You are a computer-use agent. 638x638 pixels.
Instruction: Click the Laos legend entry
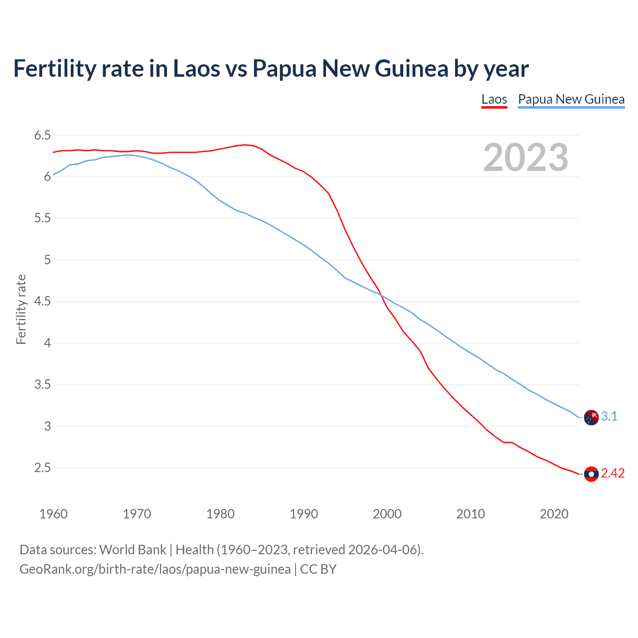click(494, 99)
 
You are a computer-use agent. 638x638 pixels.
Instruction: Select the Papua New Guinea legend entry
click(571, 99)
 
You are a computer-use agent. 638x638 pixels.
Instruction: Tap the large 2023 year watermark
click(525, 158)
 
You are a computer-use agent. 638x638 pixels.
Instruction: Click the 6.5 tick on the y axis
click(42, 135)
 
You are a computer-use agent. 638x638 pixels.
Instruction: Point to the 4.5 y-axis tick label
click(42, 302)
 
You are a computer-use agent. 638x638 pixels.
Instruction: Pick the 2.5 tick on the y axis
click(42, 468)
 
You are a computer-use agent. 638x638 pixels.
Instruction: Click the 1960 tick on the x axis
click(53, 514)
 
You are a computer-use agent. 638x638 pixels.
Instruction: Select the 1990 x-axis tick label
click(304, 514)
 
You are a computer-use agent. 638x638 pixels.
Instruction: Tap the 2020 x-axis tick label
click(554, 514)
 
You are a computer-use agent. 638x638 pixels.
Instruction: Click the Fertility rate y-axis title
click(21, 309)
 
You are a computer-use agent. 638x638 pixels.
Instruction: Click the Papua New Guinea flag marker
click(591, 417)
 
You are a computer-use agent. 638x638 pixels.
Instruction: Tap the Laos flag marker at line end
click(591, 474)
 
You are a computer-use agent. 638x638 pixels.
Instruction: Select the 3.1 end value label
click(609, 417)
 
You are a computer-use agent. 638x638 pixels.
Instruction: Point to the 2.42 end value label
click(613, 474)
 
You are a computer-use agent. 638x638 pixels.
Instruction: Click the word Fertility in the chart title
click(54, 68)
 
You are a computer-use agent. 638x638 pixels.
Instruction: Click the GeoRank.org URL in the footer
click(155, 569)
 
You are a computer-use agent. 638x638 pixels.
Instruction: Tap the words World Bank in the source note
click(133, 549)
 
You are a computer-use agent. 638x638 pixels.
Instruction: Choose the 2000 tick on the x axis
click(387, 514)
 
